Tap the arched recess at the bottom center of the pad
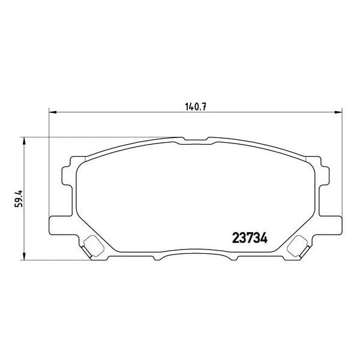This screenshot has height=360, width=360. pyautogui.click(x=194, y=256)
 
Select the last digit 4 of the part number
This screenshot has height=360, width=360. pyautogui.click(x=263, y=237)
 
